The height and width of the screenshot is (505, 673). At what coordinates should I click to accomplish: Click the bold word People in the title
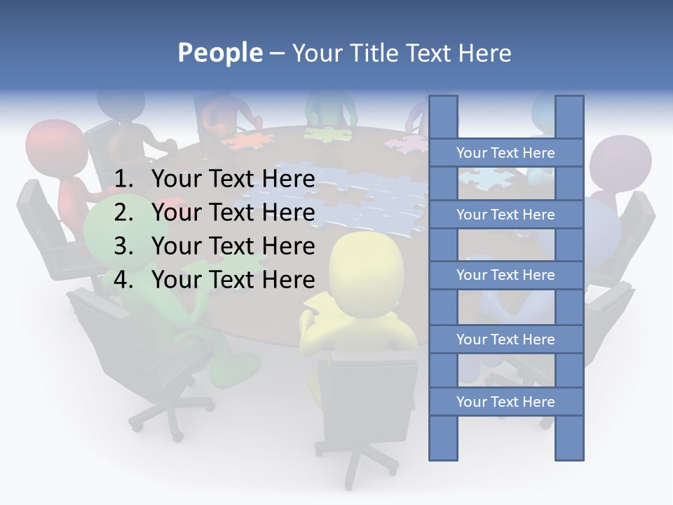coord(220,53)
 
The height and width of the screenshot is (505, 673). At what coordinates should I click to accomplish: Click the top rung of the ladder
coord(505,153)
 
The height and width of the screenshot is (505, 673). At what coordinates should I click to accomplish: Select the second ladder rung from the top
coord(505,215)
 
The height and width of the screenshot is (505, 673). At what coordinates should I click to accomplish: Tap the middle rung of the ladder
coord(505,275)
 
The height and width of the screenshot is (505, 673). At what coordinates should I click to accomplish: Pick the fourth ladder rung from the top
coord(505,339)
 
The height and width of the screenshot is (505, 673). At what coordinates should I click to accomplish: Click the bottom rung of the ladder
coord(505,402)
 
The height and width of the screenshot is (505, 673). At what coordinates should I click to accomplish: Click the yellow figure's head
coord(368,263)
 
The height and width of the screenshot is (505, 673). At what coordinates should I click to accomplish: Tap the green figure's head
coord(112,224)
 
